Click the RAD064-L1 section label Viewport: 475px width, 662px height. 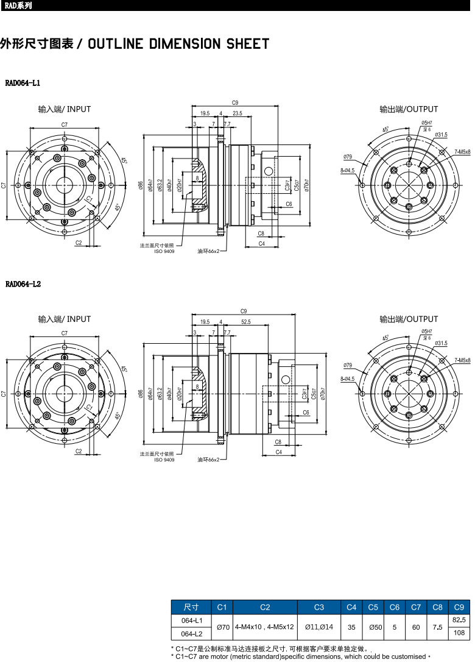(23, 82)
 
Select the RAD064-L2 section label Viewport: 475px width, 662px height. (23, 284)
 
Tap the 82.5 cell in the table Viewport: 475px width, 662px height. (459, 620)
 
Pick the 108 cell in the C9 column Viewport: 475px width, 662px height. (459, 633)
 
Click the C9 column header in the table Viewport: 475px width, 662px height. (459, 607)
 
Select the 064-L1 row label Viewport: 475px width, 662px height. (192, 620)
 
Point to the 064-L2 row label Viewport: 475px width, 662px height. (192, 633)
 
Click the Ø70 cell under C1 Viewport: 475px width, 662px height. (222, 627)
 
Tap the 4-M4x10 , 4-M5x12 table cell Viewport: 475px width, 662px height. (265, 627)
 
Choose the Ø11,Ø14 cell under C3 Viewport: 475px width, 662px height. (318, 627)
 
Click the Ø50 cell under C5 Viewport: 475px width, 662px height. (373, 627)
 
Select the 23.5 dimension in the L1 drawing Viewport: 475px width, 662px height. (237, 113)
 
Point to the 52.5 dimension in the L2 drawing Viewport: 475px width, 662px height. (246, 322)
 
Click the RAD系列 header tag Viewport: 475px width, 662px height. (17, 6)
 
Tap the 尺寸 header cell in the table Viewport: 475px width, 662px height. (192, 607)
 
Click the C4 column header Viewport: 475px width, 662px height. (351, 607)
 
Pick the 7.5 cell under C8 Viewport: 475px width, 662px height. (437, 627)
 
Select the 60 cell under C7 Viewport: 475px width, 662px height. (416, 627)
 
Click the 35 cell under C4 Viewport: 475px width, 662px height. (351, 627)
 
